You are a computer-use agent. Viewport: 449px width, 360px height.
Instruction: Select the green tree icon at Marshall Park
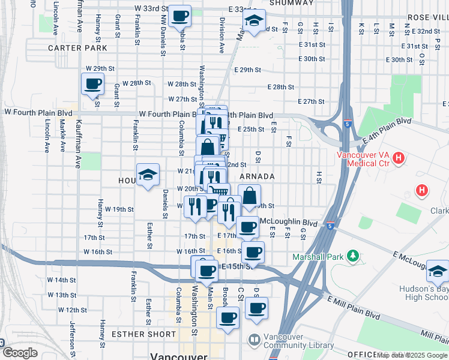tap(354, 257)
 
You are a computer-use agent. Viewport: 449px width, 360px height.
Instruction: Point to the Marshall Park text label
tap(318, 257)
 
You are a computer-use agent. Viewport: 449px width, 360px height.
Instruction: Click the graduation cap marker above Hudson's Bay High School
tap(438, 271)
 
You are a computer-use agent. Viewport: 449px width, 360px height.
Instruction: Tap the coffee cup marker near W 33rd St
tap(179, 16)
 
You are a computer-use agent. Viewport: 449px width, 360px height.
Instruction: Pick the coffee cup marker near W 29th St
tap(92, 83)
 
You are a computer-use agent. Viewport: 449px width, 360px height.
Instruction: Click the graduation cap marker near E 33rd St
tap(254, 21)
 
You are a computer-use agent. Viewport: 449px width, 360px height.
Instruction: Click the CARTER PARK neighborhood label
tap(77, 48)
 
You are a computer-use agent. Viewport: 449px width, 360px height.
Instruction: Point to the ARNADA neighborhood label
tap(257, 176)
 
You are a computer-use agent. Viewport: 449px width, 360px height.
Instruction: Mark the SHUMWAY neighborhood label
tap(291, 3)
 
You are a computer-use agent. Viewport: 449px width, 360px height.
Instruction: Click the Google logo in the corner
tap(20, 353)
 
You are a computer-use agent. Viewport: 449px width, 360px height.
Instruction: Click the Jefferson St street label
tap(72, 340)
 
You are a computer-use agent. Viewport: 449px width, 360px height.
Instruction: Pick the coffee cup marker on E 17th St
tap(247, 227)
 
